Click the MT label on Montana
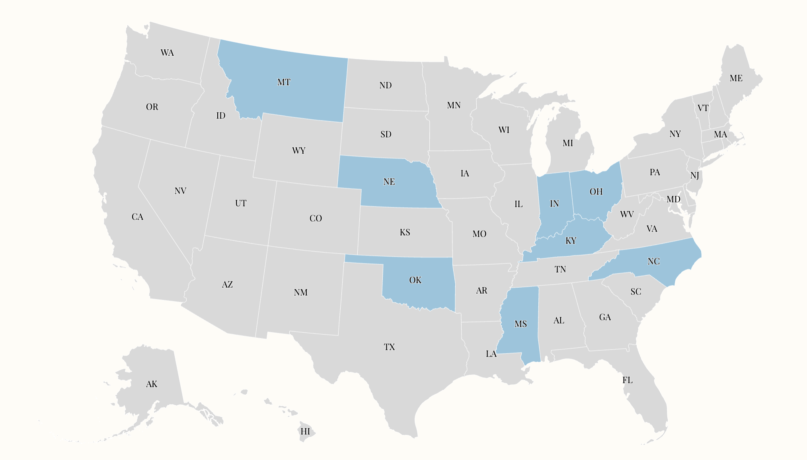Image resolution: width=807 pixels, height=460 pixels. pyautogui.click(x=284, y=82)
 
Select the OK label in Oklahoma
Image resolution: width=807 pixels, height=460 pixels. pyautogui.click(x=415, y=280)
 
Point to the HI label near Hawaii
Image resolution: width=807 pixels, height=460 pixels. pyautogui.click(x=305, y=432)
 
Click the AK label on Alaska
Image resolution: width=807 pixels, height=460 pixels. pyautogui.click(x=152, y=384)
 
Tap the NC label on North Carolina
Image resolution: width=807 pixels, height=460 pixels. pyautogui.click(x=653, y=261)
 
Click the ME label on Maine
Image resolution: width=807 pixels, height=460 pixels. pyautogui.click(x=736, y=78)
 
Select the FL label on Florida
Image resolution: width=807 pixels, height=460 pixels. pyautogui.click(x=628, y=380)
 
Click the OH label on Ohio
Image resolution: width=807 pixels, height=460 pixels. pyautogui.click(x=596, y=192)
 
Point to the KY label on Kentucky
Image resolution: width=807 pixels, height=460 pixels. pyautogui.click(x=571, y=241)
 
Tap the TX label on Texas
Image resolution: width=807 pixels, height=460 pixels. pyautogui.click(x=389, y=347)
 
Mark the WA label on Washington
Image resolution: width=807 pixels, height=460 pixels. pyautogui.click(x=167, y=53)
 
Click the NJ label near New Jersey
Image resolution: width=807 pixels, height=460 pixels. pyautogui.click(x=695, y=175)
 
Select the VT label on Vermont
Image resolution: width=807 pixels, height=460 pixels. pyautogui.click(x=703, y=108)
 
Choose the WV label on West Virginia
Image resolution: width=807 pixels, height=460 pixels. pyautogui.click(x=627, y=214)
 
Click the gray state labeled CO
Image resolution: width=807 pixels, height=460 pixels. pyautogui.click(x=316, y=218)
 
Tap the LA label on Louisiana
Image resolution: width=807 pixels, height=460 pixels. pyautogui.click(x=491, y=354)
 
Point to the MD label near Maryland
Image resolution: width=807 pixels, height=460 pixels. pyautogui.click(x=673, y=199)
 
